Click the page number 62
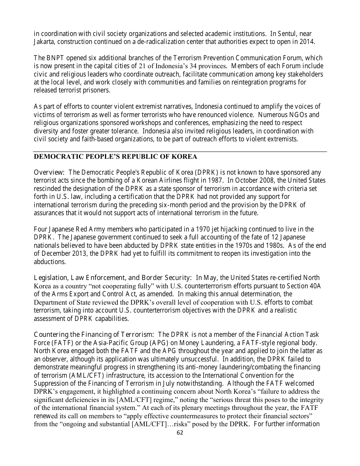180,433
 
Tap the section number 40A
313,286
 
